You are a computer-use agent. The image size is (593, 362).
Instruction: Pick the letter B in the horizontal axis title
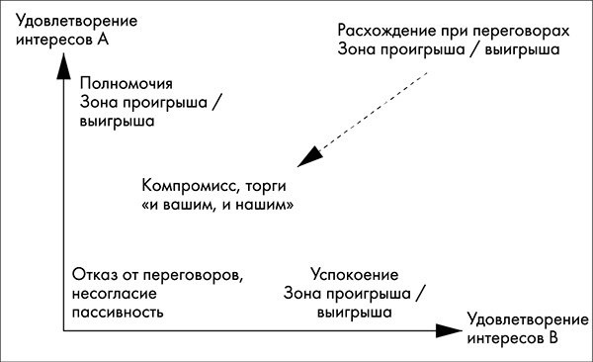click(553, 338)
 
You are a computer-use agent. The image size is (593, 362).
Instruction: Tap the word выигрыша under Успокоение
click(353, 311)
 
